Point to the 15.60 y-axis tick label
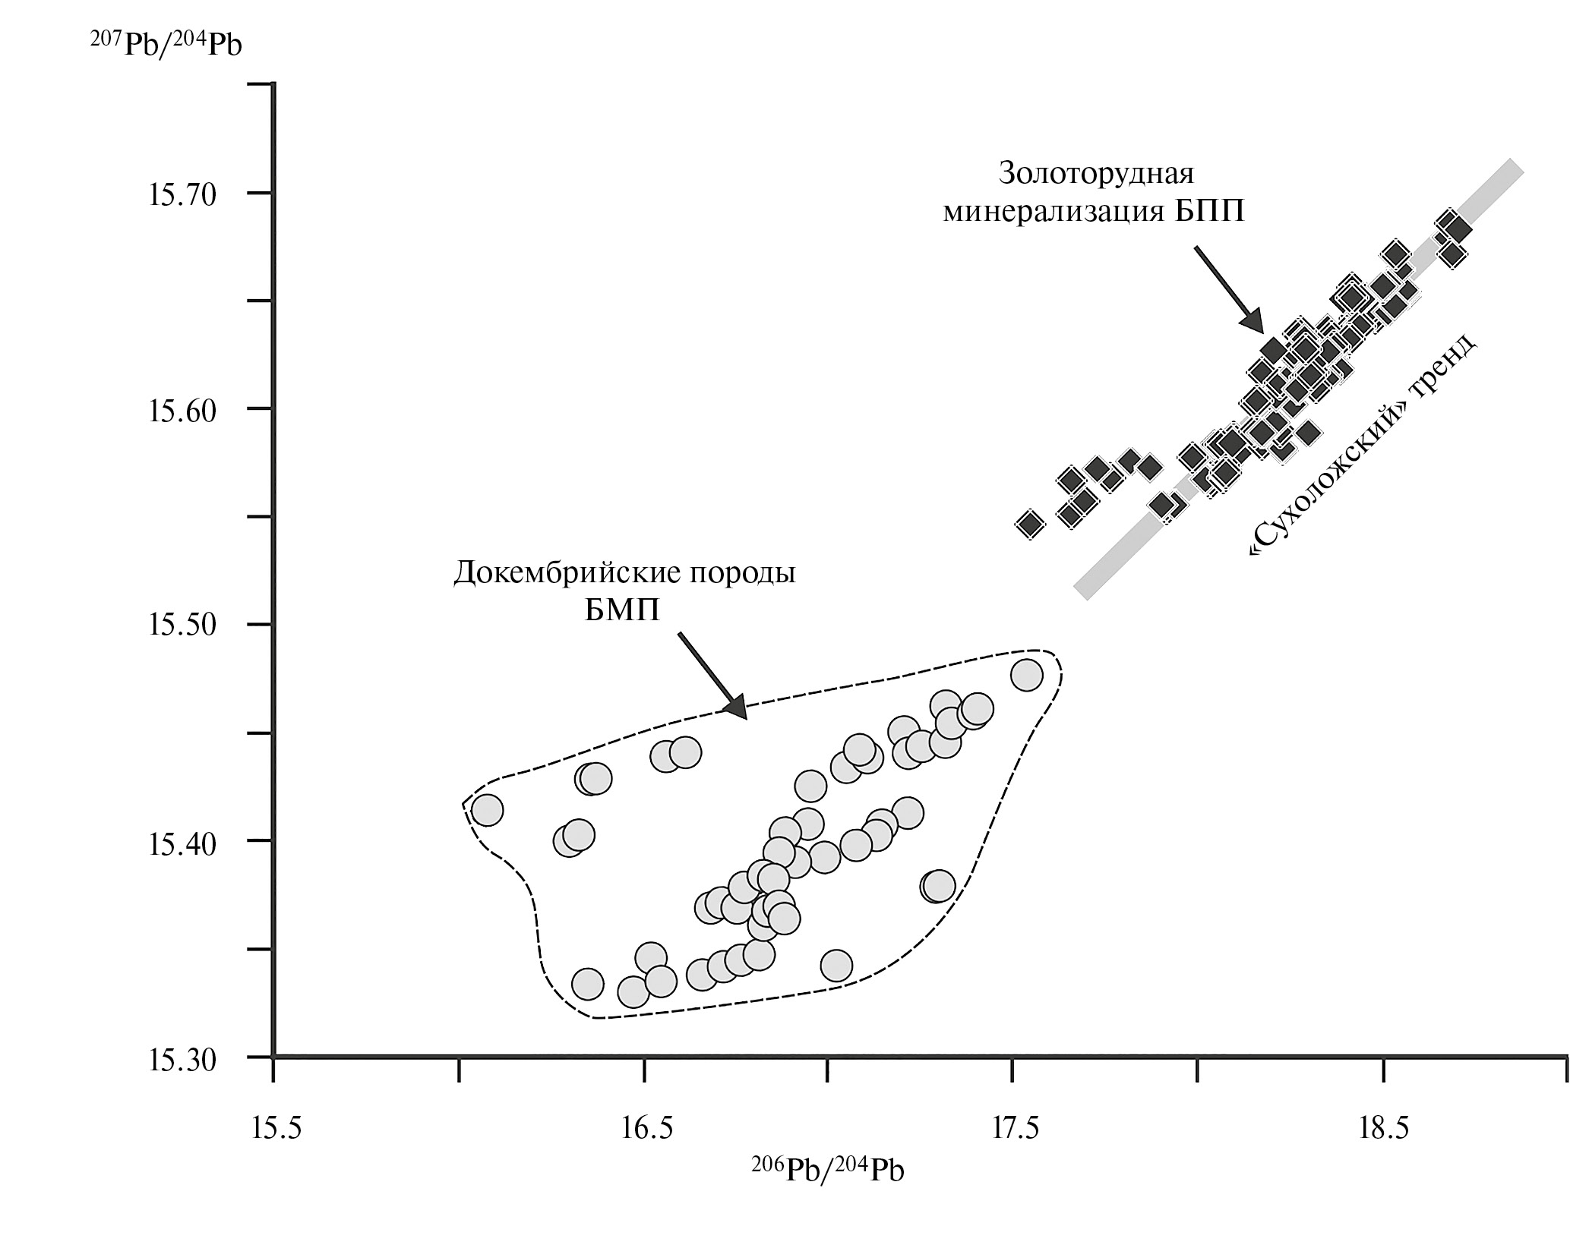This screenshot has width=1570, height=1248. tap(182, 411)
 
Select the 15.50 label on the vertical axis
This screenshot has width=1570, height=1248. tap(182, 626)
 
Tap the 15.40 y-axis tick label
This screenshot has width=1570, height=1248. tap(182, 843)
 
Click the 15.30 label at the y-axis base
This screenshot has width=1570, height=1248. tap(182, 1060)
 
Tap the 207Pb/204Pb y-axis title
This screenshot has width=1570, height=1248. tap(165, 44)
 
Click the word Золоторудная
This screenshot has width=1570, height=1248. tap(1097, 173)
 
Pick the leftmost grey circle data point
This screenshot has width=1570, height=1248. tap(487, 810)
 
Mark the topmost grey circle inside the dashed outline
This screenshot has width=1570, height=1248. tap(1026, 675)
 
